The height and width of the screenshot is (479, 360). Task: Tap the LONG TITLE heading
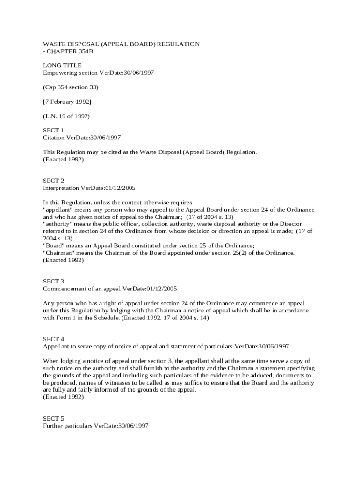coord(62,65)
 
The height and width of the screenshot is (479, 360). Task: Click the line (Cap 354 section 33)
coord(71,87)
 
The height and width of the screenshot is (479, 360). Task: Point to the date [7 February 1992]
coord(67,102)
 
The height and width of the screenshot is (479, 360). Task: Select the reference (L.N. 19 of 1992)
coord(66,116)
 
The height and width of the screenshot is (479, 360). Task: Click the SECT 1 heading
coord(53,130)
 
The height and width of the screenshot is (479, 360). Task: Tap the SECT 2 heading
coord(54,181)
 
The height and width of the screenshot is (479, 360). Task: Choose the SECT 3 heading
coord(54,282)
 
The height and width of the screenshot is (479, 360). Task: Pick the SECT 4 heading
coord(54,339)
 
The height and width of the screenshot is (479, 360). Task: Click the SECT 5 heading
coord(54,419)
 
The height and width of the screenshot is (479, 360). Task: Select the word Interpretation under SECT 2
coord(61,188)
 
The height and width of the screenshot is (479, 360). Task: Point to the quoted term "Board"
coord(53,246)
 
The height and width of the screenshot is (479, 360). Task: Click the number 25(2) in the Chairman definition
coord(242,253)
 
